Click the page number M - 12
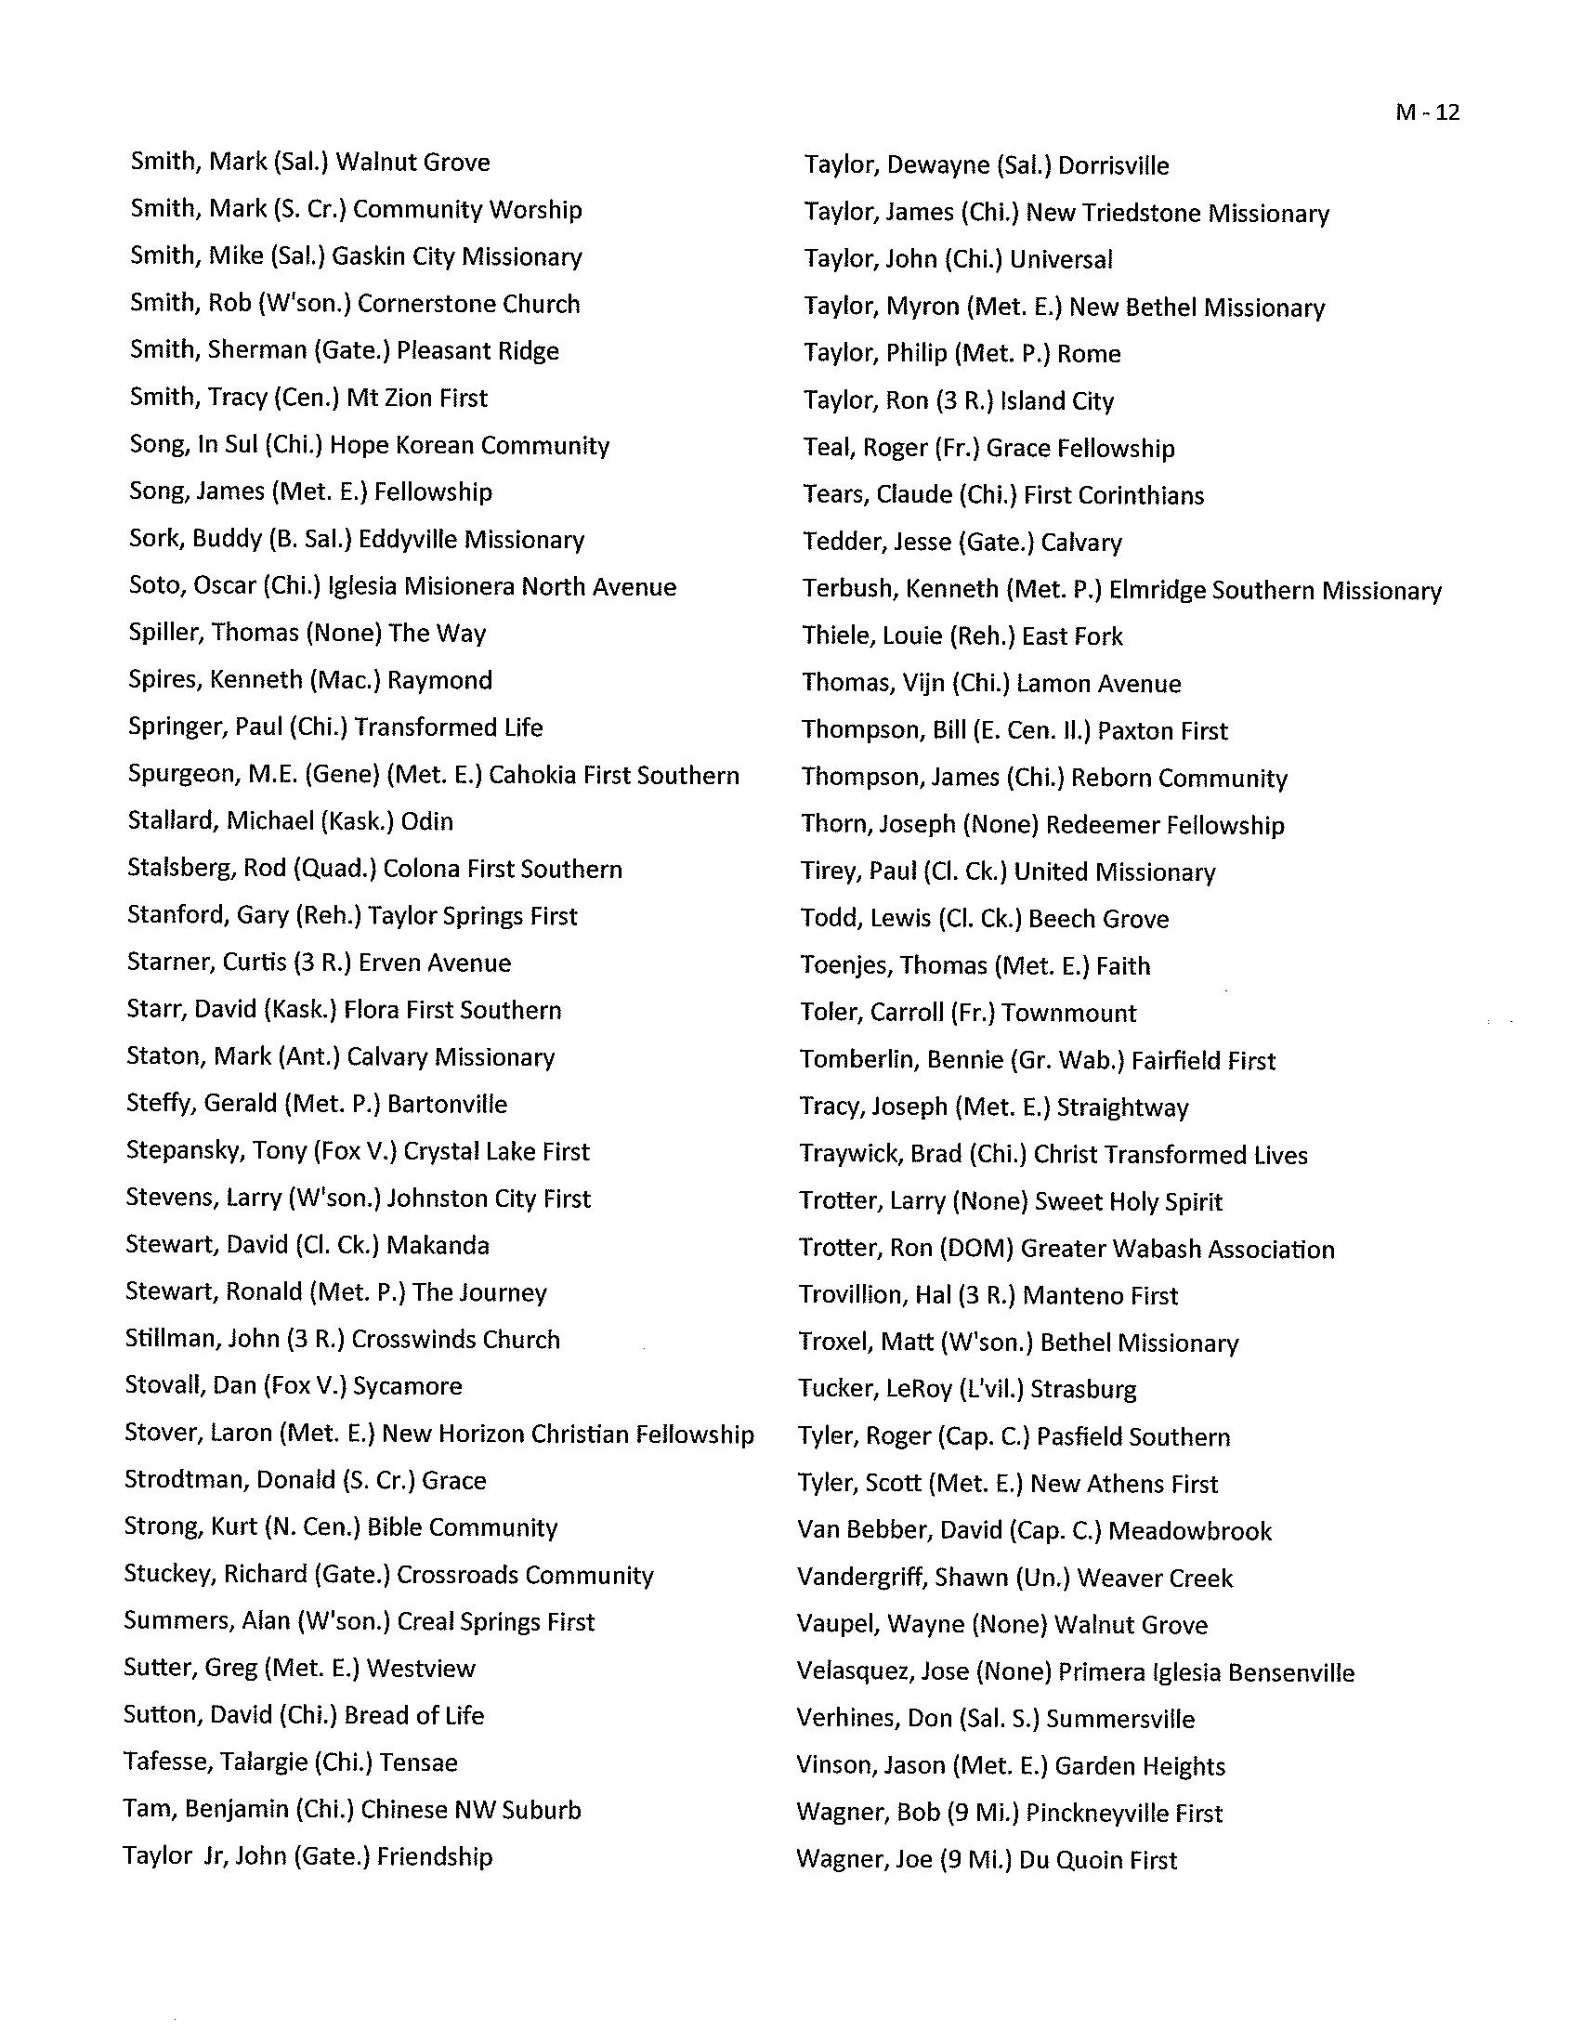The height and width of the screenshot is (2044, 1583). point(1427,112)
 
